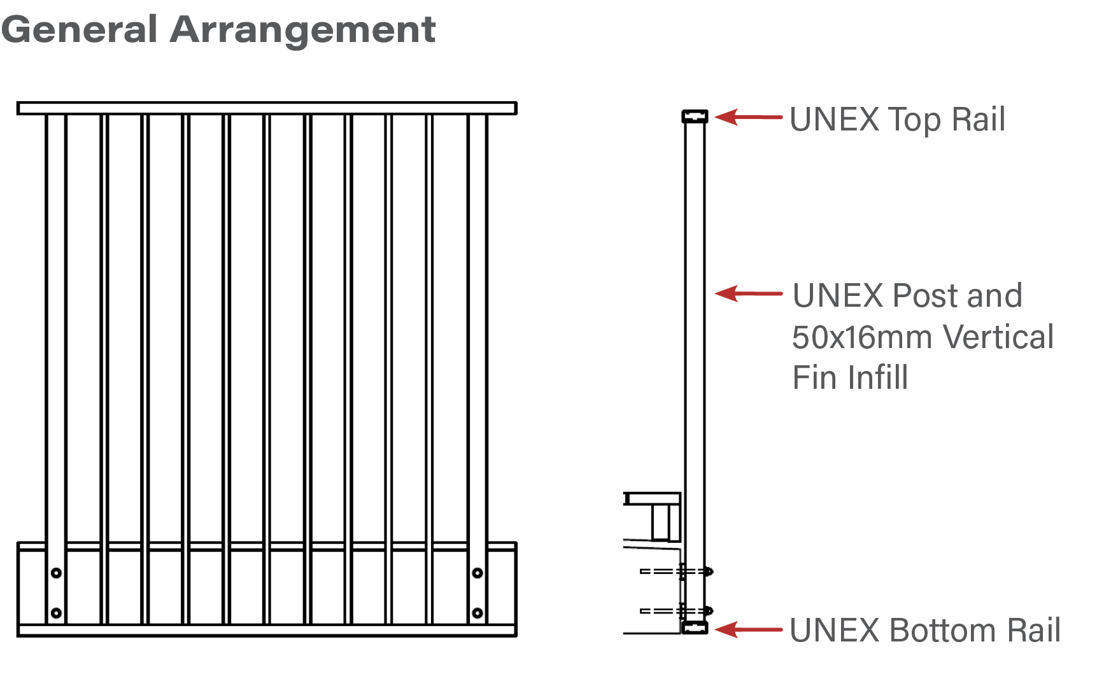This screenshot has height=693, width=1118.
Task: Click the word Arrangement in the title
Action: [302, 30]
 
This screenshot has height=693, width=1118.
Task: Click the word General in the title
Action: [80, 29]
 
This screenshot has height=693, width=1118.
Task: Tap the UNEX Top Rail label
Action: [897, 120]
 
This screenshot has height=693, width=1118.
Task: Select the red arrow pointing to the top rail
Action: [747, 117]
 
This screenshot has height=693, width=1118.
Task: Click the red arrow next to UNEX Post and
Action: [747, 293]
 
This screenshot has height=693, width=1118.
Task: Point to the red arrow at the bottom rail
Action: [747, 629]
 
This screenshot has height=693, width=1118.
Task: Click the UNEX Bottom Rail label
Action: [924, 631]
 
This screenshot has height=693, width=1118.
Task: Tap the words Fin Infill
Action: [849, 378]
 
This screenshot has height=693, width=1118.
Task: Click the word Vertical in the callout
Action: [998, 337]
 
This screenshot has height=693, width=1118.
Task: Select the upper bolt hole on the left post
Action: [56, 573]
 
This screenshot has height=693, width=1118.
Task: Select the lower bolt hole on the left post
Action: [56, 613]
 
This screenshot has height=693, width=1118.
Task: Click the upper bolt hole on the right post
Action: [478, 573]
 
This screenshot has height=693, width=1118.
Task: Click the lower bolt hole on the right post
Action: [478, 613]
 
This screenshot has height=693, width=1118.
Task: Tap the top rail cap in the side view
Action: [695, 116]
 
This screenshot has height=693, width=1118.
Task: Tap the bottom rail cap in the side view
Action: [695, 628]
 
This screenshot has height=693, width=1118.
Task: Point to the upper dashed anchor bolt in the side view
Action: [675, 571]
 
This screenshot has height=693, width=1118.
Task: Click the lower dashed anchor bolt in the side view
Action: [675, 611]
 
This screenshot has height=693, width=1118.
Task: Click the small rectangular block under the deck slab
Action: [666, 522]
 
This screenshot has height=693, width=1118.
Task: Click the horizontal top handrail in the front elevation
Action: [267, 108]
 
